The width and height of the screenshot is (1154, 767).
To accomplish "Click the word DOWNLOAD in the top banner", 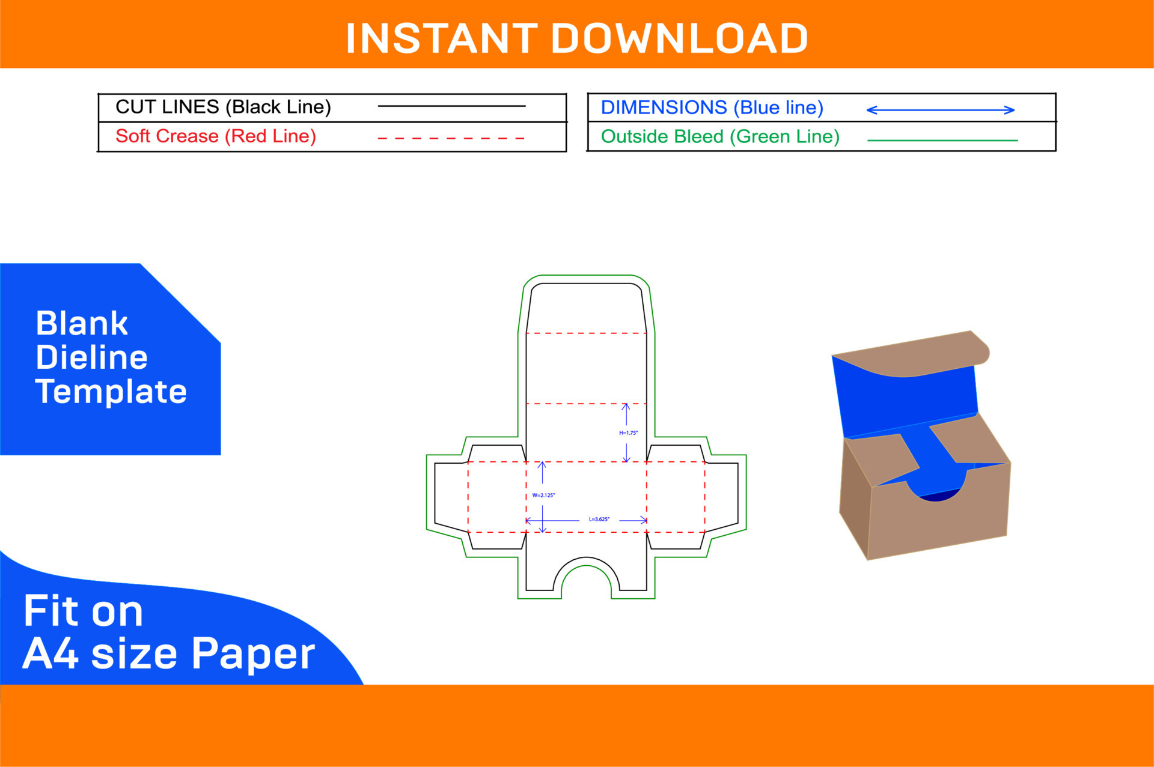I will point(679,38).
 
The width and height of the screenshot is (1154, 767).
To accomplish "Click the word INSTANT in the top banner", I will point(442,38).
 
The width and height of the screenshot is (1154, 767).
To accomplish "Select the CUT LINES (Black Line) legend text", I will point(223,107).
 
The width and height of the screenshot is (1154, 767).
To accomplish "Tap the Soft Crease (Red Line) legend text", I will point(216,136).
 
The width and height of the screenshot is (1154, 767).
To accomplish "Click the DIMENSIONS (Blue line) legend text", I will point(712,108).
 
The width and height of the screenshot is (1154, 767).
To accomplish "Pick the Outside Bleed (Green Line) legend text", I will point(720,137).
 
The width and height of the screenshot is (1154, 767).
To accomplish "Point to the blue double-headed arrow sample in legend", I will point(940,110).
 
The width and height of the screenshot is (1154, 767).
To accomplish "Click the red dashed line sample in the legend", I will point(451,138).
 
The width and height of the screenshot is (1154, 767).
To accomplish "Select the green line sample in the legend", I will point(942,141).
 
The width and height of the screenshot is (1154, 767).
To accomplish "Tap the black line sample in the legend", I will point(451,106).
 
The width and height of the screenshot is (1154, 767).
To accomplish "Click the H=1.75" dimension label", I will point(628,432).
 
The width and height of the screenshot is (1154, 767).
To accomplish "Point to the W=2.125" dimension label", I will point(543,496).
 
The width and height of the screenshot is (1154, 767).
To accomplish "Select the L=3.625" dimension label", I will point(599,519).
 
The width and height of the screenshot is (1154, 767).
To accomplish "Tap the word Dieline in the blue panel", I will point(91,357).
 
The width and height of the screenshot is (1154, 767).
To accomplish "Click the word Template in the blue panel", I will point(111,392).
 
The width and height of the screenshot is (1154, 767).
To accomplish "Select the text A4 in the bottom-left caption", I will point(50,653).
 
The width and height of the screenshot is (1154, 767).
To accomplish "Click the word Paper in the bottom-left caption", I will point(253,653).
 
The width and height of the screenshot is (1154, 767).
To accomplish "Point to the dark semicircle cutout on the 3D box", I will point(938,496).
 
